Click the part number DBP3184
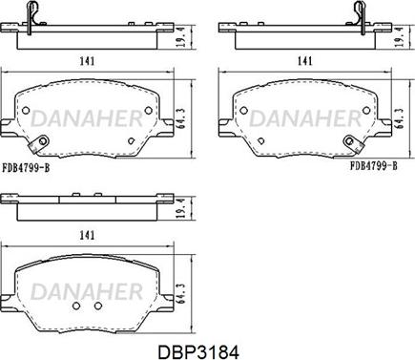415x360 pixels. coord(198,352)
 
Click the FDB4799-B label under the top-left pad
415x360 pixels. coord(26,167)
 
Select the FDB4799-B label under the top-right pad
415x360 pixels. coord(374,165)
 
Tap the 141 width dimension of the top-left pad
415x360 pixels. coord(87,60)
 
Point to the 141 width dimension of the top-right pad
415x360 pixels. coord(304,60)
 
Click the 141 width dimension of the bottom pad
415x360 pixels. coord(87,235)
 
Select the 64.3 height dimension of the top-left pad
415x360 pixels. coord(181,118)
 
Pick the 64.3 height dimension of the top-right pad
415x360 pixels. coord(400,118)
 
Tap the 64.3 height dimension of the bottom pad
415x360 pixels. coord(181,293)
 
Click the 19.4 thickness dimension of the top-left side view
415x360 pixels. coord(181,37)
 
